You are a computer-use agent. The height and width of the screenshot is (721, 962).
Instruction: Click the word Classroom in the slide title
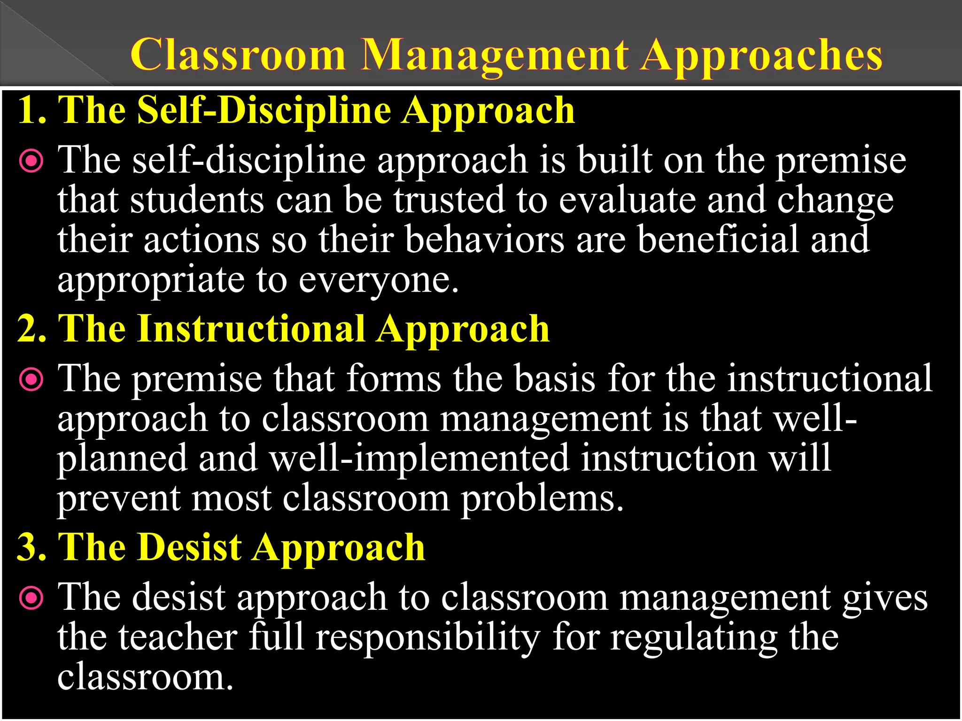pos(238,55)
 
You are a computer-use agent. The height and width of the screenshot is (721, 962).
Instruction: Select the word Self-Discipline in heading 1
pos(264,110)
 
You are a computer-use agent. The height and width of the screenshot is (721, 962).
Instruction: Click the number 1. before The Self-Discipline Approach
pos(32,110)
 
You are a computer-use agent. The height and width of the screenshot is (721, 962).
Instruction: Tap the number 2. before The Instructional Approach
pos(32,329)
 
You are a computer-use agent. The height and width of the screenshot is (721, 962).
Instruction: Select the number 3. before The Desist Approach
pos(32,547)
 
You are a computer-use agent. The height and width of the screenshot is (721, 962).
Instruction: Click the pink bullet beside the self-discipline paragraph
pos(31,161)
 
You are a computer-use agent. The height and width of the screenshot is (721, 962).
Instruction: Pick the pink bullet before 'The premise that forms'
pos(31,380)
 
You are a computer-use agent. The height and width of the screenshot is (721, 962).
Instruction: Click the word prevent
pos(119,499)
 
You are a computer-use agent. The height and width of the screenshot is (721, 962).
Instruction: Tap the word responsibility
pos(427,638)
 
